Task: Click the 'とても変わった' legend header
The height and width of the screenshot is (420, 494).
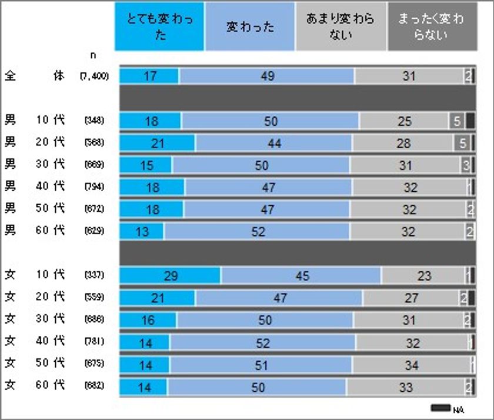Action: (159, 26)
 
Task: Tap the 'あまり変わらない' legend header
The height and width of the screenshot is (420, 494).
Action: (341, 26)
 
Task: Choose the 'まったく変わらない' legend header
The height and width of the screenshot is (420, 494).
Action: (432, 26)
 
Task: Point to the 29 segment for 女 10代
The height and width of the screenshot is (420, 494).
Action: (170, 275)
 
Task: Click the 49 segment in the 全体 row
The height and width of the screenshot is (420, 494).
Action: (267, 76)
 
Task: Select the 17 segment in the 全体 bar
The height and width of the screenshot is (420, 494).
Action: (149, 76)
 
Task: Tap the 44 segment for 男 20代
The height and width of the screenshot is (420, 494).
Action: (273, 143)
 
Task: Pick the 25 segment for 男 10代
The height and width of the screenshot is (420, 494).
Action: (404, 121)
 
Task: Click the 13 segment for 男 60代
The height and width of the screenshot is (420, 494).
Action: (142, 231)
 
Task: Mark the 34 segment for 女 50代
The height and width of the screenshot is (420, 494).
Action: (412, 365)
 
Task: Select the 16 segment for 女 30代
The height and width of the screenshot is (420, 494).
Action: (148, 320)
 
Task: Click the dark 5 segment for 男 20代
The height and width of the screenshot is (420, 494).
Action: (462, 143)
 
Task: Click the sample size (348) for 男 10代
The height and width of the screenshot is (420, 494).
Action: (94, 121)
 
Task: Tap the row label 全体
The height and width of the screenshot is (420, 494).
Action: (35, 76)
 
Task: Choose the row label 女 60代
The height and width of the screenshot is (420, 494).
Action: (35, 386)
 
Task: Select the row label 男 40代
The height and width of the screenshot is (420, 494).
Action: (35, 186)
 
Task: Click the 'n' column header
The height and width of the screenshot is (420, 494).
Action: (93, 55)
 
